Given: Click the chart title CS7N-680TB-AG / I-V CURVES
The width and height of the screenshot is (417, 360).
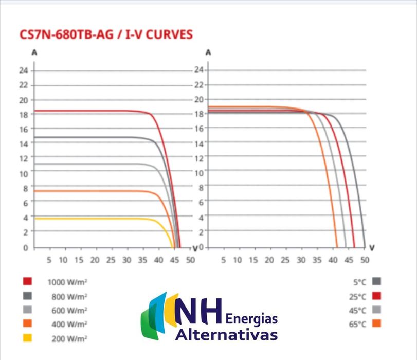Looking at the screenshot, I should pyautogui.click(x=105, y=35).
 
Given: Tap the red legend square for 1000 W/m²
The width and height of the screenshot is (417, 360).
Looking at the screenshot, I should pyautogui.click(x=28, y=281).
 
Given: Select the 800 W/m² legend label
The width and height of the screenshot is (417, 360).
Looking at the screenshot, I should pyautogui.click(x=69, y=296).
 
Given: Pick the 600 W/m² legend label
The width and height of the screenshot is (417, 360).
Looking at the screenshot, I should pyautogui.click(x=69, y=310).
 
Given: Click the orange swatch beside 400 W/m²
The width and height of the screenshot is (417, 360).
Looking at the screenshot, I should pyautogui.click(x=28, y=324).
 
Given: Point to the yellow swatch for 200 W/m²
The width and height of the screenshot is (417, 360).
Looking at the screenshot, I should pyautogui.click(x=28, y=338).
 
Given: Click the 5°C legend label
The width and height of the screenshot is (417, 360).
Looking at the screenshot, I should pyautogui.click(x=359, y=281).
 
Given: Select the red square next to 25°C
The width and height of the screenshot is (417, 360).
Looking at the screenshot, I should pyautogui.click(x=376, y=296).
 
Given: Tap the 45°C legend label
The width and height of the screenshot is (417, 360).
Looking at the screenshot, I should pyautogui.click(x=358, y=310).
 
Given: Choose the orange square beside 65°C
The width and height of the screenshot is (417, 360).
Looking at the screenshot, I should pyautogui.click(x=376, y=324).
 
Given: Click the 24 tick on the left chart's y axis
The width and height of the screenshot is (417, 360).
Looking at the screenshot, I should pyautogui.click(x=24, y=70).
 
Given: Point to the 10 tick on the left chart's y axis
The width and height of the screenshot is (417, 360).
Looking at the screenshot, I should pyautogui.click(x=24, y=173).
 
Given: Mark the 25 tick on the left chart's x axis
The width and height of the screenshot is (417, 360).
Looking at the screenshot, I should pyautogui.click(x=110, y=260).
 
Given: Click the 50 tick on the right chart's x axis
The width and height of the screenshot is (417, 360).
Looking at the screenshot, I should pyautogui.click(x=365, y=260).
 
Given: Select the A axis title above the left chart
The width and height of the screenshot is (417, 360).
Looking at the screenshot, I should pyautogui.click(x=34, y=53).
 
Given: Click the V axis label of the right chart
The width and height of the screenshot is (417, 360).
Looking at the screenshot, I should pyautogui.click(x=372, y=248).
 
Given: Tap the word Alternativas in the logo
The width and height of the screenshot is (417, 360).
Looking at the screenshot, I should pyautogui.click(x=226, y=335).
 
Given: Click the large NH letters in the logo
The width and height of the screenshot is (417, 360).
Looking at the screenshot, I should pyautogui.click(x=198, y=312).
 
